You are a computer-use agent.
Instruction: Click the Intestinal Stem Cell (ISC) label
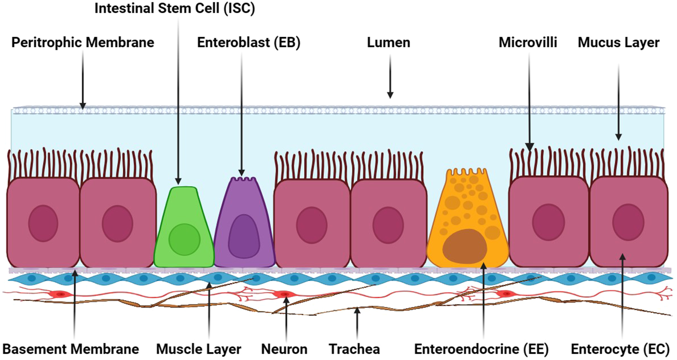tap(175, 9)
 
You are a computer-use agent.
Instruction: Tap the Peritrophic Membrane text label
tap(82, 43)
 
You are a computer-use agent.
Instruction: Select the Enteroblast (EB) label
tap(248, 43)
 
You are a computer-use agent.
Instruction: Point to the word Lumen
tap(389, 43)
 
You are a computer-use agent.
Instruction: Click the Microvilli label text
tap(528, 43)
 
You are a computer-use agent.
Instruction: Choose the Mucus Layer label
tap(618, 43)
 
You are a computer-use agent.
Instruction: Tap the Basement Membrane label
tap(71, 349)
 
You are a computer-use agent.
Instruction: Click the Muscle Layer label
tap(199, 349)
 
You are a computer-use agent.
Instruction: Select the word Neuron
tap(284, 349)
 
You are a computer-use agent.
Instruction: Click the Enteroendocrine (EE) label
tap(481, 349)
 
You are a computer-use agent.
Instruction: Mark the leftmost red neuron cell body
tap(60, 294)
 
